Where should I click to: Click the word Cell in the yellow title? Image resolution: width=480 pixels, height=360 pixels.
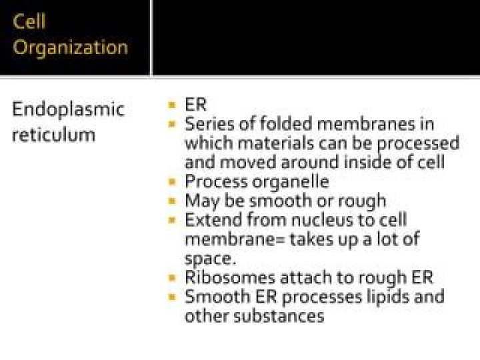(x=29, y=21)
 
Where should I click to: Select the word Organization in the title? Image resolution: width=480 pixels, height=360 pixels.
(x=70, y=47)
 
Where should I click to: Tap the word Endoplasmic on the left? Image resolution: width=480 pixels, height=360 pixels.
(x=68, y=109)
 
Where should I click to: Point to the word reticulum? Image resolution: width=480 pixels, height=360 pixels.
(x=53, y=135)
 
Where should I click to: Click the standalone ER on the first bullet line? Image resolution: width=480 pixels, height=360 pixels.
(x=196, y=105)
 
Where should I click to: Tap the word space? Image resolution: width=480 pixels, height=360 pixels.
(x=209, y=259)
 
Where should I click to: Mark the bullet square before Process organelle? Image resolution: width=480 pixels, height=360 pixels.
(x=171, y=181)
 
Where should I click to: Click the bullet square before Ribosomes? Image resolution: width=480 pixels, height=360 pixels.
(x=171, y=277)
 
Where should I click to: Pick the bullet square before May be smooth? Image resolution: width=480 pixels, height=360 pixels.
(x=171, y=200)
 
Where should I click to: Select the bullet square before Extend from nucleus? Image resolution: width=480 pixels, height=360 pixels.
(x=171, y=219)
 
